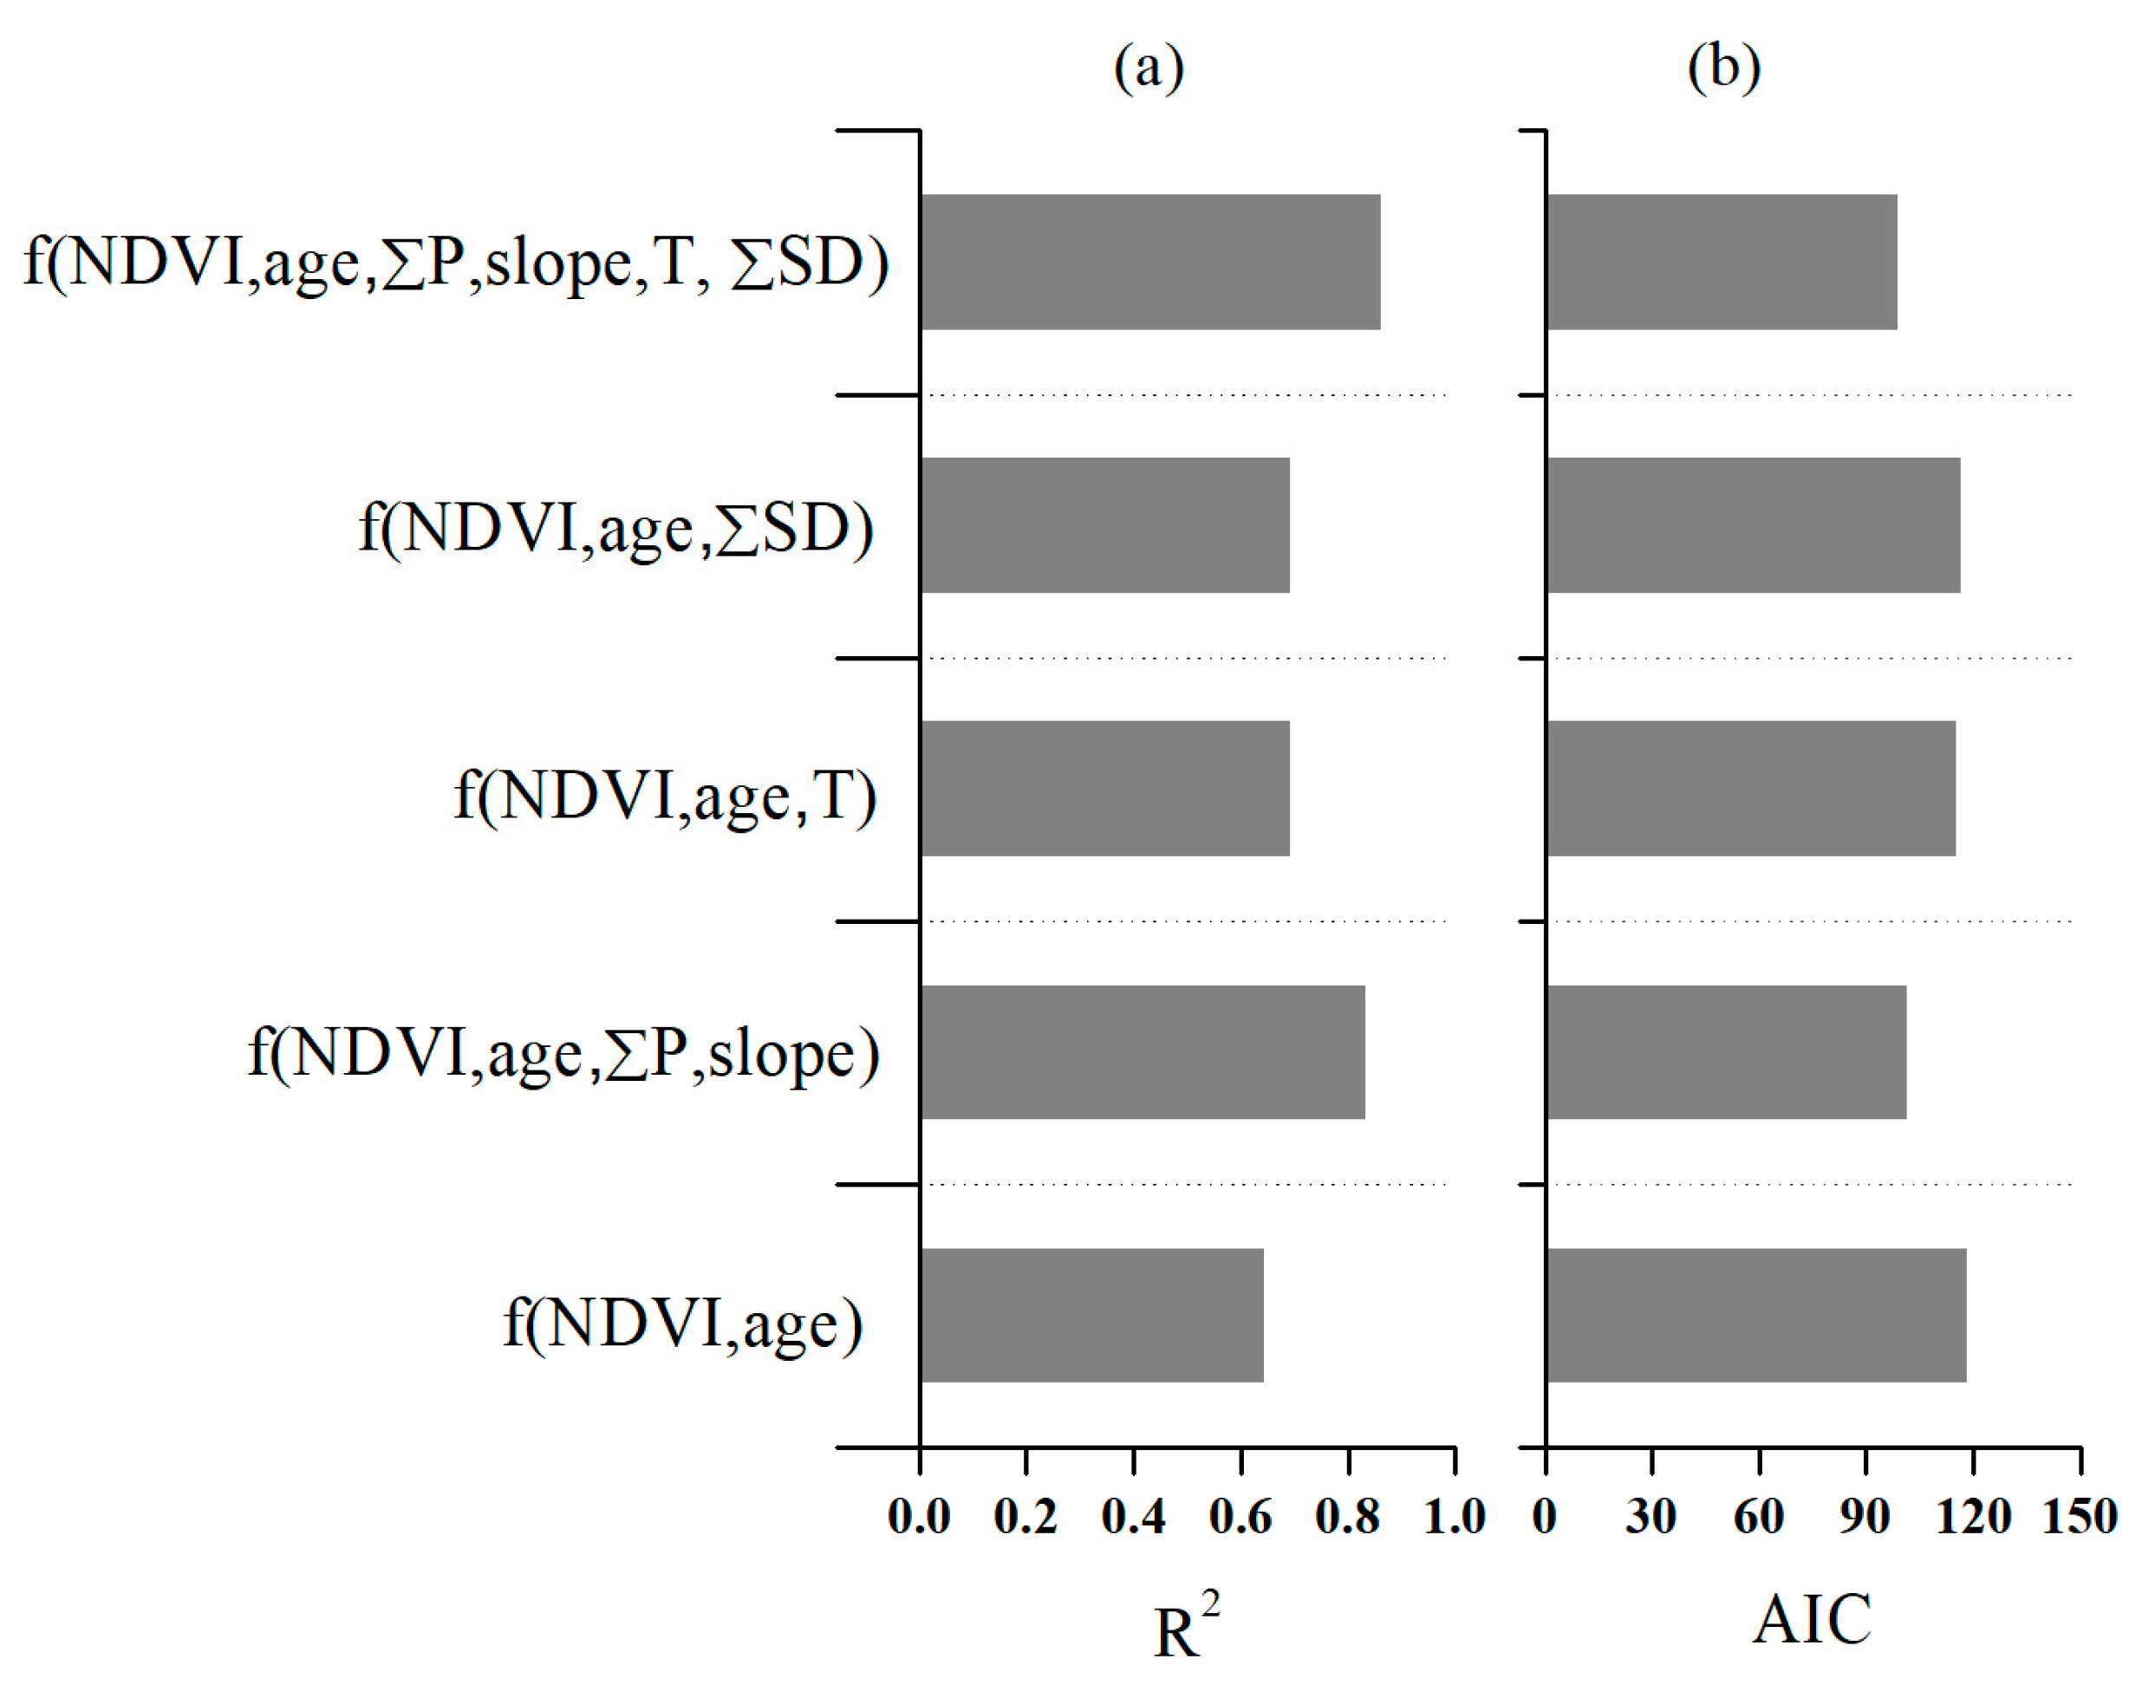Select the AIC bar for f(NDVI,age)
[x=1755, y=1315]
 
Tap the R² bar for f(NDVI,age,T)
[x=1104, y=788]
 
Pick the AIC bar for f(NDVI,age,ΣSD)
[x=1753, y=524]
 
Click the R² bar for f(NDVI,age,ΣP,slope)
[x=1142, y=1051]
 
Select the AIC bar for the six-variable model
[x=1721, y=261]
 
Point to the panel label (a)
[x=1148, y=68]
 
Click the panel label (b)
[x=1723, y=68]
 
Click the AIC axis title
[x=1811, y=1619]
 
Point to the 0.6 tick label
[x=1239, y=1517]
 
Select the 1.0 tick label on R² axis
[x=1454, y=1517]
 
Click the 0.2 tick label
[x=1025, y=1517]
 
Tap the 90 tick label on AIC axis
[x=1865, y=1517]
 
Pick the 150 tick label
[x=2079, y=1517]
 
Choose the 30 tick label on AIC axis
[x=1650, y=1517]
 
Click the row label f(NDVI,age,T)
[x=665, y=796]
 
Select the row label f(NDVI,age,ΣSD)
[x=616, y=529]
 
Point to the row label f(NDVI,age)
[x=682, y=1324]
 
